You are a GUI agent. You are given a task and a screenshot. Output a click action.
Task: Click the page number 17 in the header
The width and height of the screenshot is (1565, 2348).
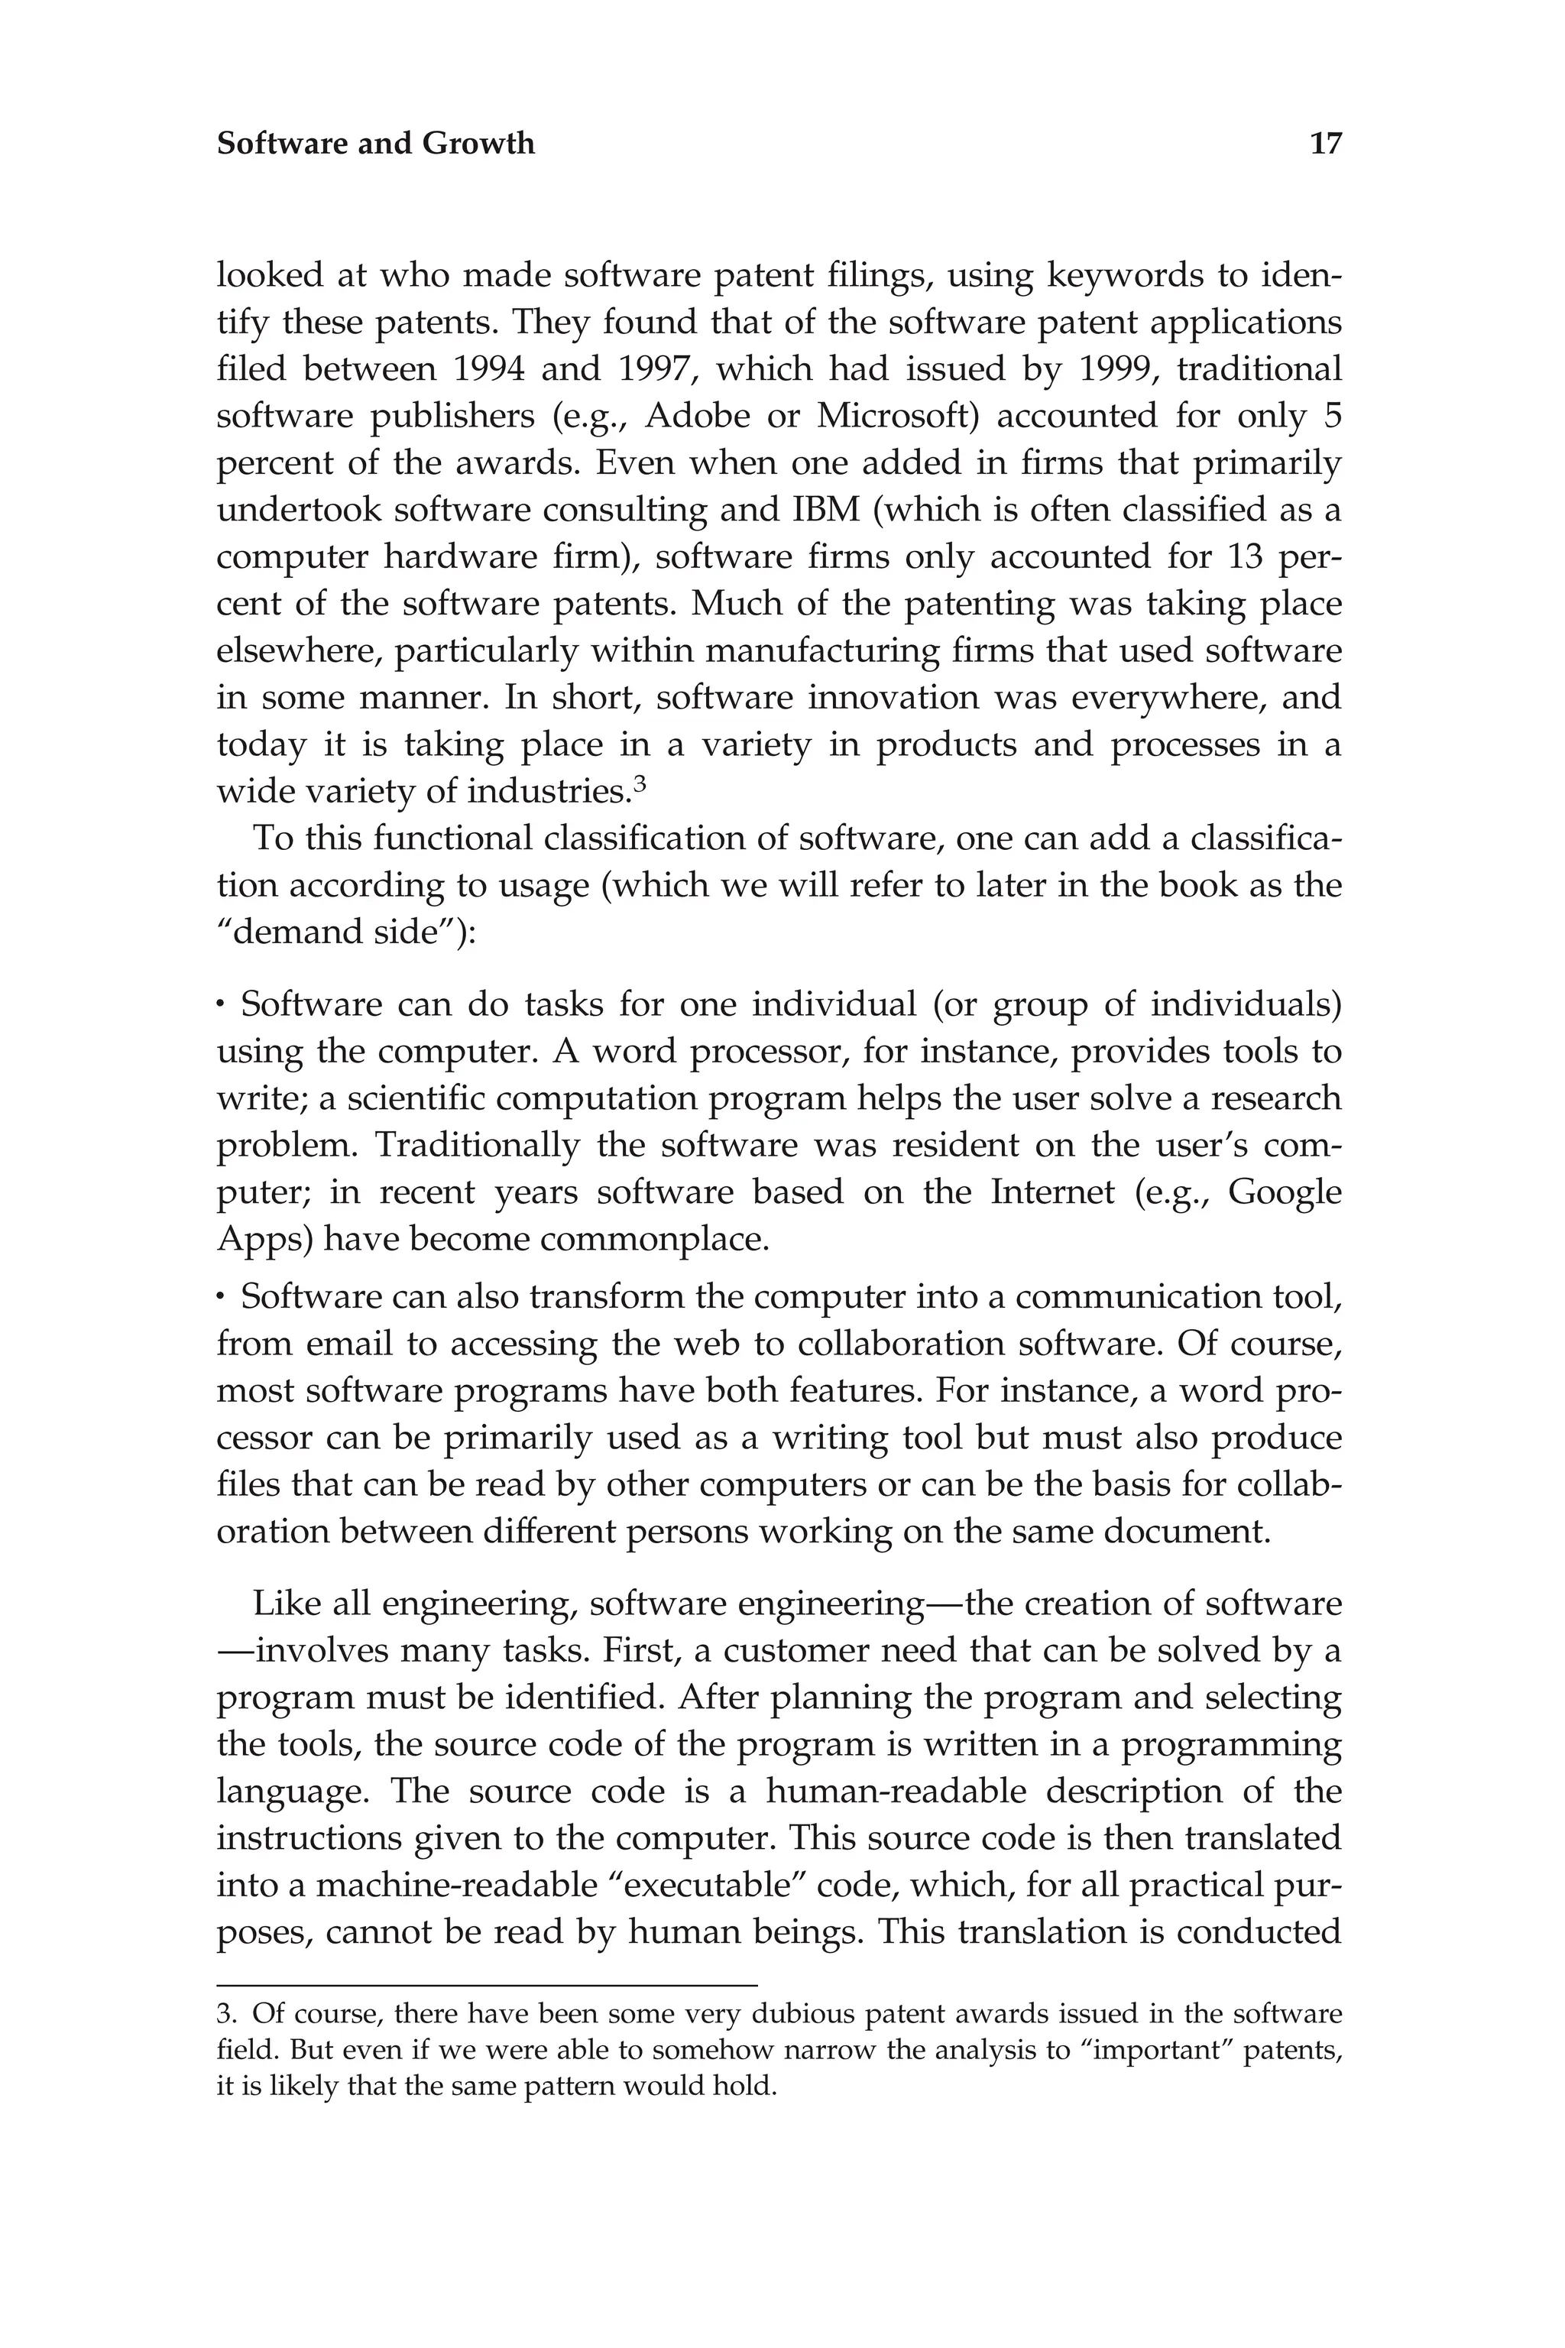(1326, 144)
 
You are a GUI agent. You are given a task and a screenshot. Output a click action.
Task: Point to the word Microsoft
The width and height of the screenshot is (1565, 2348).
(894, 417)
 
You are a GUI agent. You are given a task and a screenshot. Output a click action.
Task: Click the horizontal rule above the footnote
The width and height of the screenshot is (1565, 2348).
(487, 1986)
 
